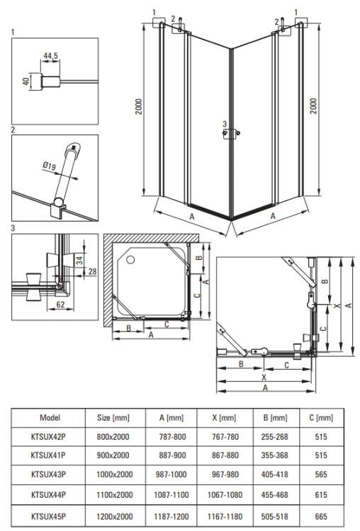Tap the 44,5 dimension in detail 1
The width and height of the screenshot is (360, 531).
[50, 55]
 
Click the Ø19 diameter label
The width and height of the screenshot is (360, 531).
[50, 166]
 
